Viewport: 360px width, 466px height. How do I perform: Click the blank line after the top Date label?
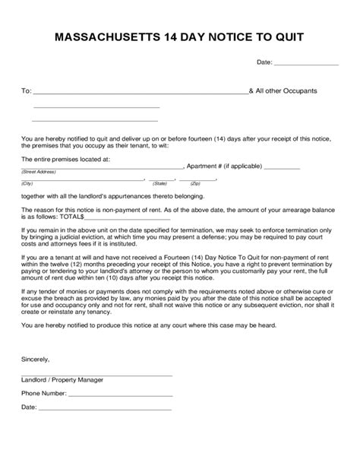(x=305, y=65)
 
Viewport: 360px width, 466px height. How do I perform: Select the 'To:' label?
(x=26, y=91)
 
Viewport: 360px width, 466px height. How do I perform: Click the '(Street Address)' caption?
(x=37, y=173)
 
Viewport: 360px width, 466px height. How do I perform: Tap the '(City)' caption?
(x=27, y=183)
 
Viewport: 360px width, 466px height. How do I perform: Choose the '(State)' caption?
(x=159, y=183)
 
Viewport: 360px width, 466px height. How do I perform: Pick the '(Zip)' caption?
(x=195, y=183)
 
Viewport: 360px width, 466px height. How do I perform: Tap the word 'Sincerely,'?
(x=36, y=358)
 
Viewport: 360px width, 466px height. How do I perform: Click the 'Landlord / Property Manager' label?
(x=63, y=379)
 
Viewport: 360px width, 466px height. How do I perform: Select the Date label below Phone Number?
(x=29, y=407)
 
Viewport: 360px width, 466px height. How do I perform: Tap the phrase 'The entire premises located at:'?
(x=66, y=159)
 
